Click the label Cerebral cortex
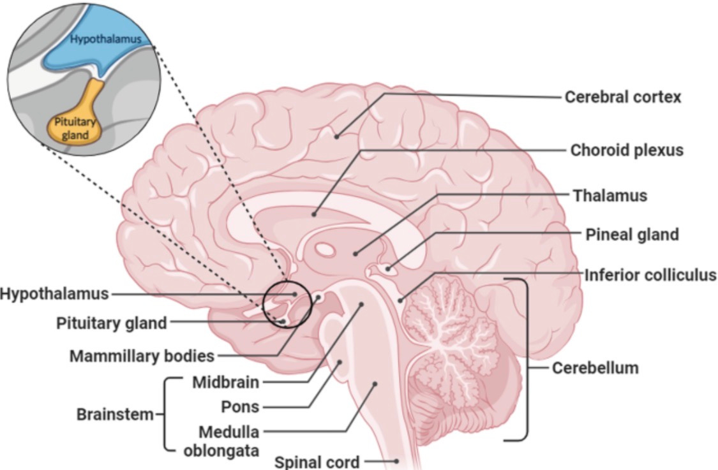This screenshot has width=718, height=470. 622,97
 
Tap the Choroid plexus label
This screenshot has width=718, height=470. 626,150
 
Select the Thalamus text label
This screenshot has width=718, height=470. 610,195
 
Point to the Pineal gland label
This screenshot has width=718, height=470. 632,235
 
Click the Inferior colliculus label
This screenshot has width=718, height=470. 650,275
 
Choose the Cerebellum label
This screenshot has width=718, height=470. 595,368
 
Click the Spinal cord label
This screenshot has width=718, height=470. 317,462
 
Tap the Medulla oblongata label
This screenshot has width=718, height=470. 220,441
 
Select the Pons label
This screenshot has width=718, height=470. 240,406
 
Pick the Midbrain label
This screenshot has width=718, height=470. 226,383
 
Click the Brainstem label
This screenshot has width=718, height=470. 116,414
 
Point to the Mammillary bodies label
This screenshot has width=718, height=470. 142,356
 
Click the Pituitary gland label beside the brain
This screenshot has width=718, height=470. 112,323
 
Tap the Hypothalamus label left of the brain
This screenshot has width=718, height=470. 54,294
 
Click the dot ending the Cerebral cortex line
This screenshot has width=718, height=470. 336,135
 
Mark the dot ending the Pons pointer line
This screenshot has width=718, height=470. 340,362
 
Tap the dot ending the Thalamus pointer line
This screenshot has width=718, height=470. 355,254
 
